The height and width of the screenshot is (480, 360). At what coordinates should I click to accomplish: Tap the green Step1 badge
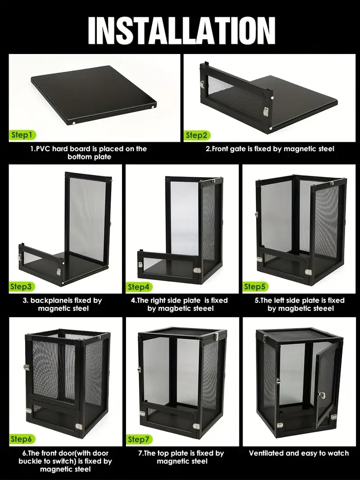(x=22, y=135)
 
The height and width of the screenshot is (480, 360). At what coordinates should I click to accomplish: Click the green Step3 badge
(x=22, y=287)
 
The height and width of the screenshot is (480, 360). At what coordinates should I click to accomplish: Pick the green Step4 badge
(x=139, y=287)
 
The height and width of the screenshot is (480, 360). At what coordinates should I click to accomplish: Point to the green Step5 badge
(x=256, y=287)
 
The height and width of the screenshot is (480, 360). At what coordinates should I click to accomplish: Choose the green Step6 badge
(x=22, y=439)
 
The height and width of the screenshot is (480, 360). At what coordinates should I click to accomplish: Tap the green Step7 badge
(x=139, y=439)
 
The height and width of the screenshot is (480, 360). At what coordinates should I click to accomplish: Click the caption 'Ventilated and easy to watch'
(x=299, y=453)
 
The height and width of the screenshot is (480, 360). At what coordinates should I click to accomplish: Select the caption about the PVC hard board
(x=89, y=153)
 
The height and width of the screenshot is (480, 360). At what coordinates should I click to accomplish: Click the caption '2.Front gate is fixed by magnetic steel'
(x=270, y=149)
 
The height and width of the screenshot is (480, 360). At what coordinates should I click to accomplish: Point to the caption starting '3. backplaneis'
(x=63, y=304)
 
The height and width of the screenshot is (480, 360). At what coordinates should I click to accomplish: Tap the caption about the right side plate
(x=180, y=304)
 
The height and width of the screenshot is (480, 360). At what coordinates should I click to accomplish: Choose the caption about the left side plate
(x=300, y=304)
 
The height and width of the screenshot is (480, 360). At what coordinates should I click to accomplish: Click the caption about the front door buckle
(x=65, y=461)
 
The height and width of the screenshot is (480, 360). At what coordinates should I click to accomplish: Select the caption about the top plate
(x=181, y=457)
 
